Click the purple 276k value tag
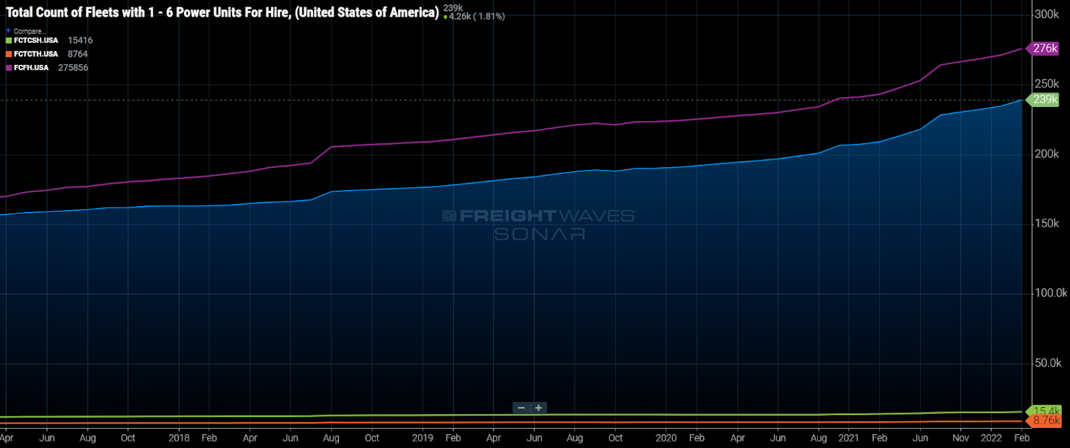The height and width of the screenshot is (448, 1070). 1045,48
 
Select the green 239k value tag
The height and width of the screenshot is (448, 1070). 1045,100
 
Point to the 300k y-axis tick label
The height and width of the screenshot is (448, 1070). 1047,14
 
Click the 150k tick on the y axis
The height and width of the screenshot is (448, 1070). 1047,223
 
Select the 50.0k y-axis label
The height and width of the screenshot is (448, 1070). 1048,363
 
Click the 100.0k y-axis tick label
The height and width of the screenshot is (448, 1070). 1051,293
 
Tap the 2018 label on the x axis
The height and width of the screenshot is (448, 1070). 179,438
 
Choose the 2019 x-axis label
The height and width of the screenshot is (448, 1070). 422,438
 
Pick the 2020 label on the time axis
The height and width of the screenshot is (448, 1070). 665,438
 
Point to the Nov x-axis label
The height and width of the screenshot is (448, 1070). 960,438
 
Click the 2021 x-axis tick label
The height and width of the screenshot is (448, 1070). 848,438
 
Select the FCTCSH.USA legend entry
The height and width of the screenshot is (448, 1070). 35,41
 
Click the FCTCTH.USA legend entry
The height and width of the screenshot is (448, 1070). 35,54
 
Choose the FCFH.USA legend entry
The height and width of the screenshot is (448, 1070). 31,68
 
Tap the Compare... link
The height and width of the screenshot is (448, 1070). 29,31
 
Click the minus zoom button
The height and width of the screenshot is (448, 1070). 521,408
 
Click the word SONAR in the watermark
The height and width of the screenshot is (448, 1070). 540,234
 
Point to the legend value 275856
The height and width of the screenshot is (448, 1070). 73,68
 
